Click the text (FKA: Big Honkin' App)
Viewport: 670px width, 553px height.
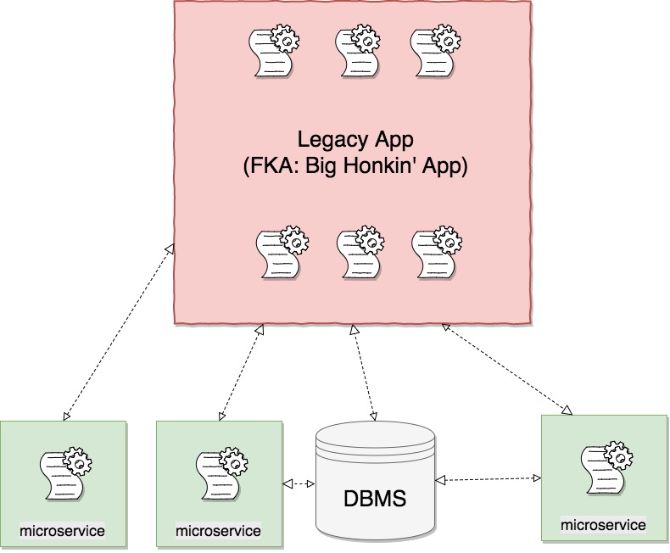(x=354, y=166)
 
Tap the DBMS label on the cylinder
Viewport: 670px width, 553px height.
(x=375, y=498)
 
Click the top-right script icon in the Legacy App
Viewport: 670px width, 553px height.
(x=434, y=52)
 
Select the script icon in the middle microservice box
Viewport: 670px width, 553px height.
(x=221, y=474)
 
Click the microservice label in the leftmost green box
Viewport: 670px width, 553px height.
(x=63, y=531)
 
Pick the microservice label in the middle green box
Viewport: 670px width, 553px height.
(x=218, y=531)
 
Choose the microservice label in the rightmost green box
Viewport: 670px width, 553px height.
(x=603, y=525)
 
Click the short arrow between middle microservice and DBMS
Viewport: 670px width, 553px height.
(x=298, y=483)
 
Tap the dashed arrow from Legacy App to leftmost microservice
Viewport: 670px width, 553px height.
(x=117, y=332)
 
